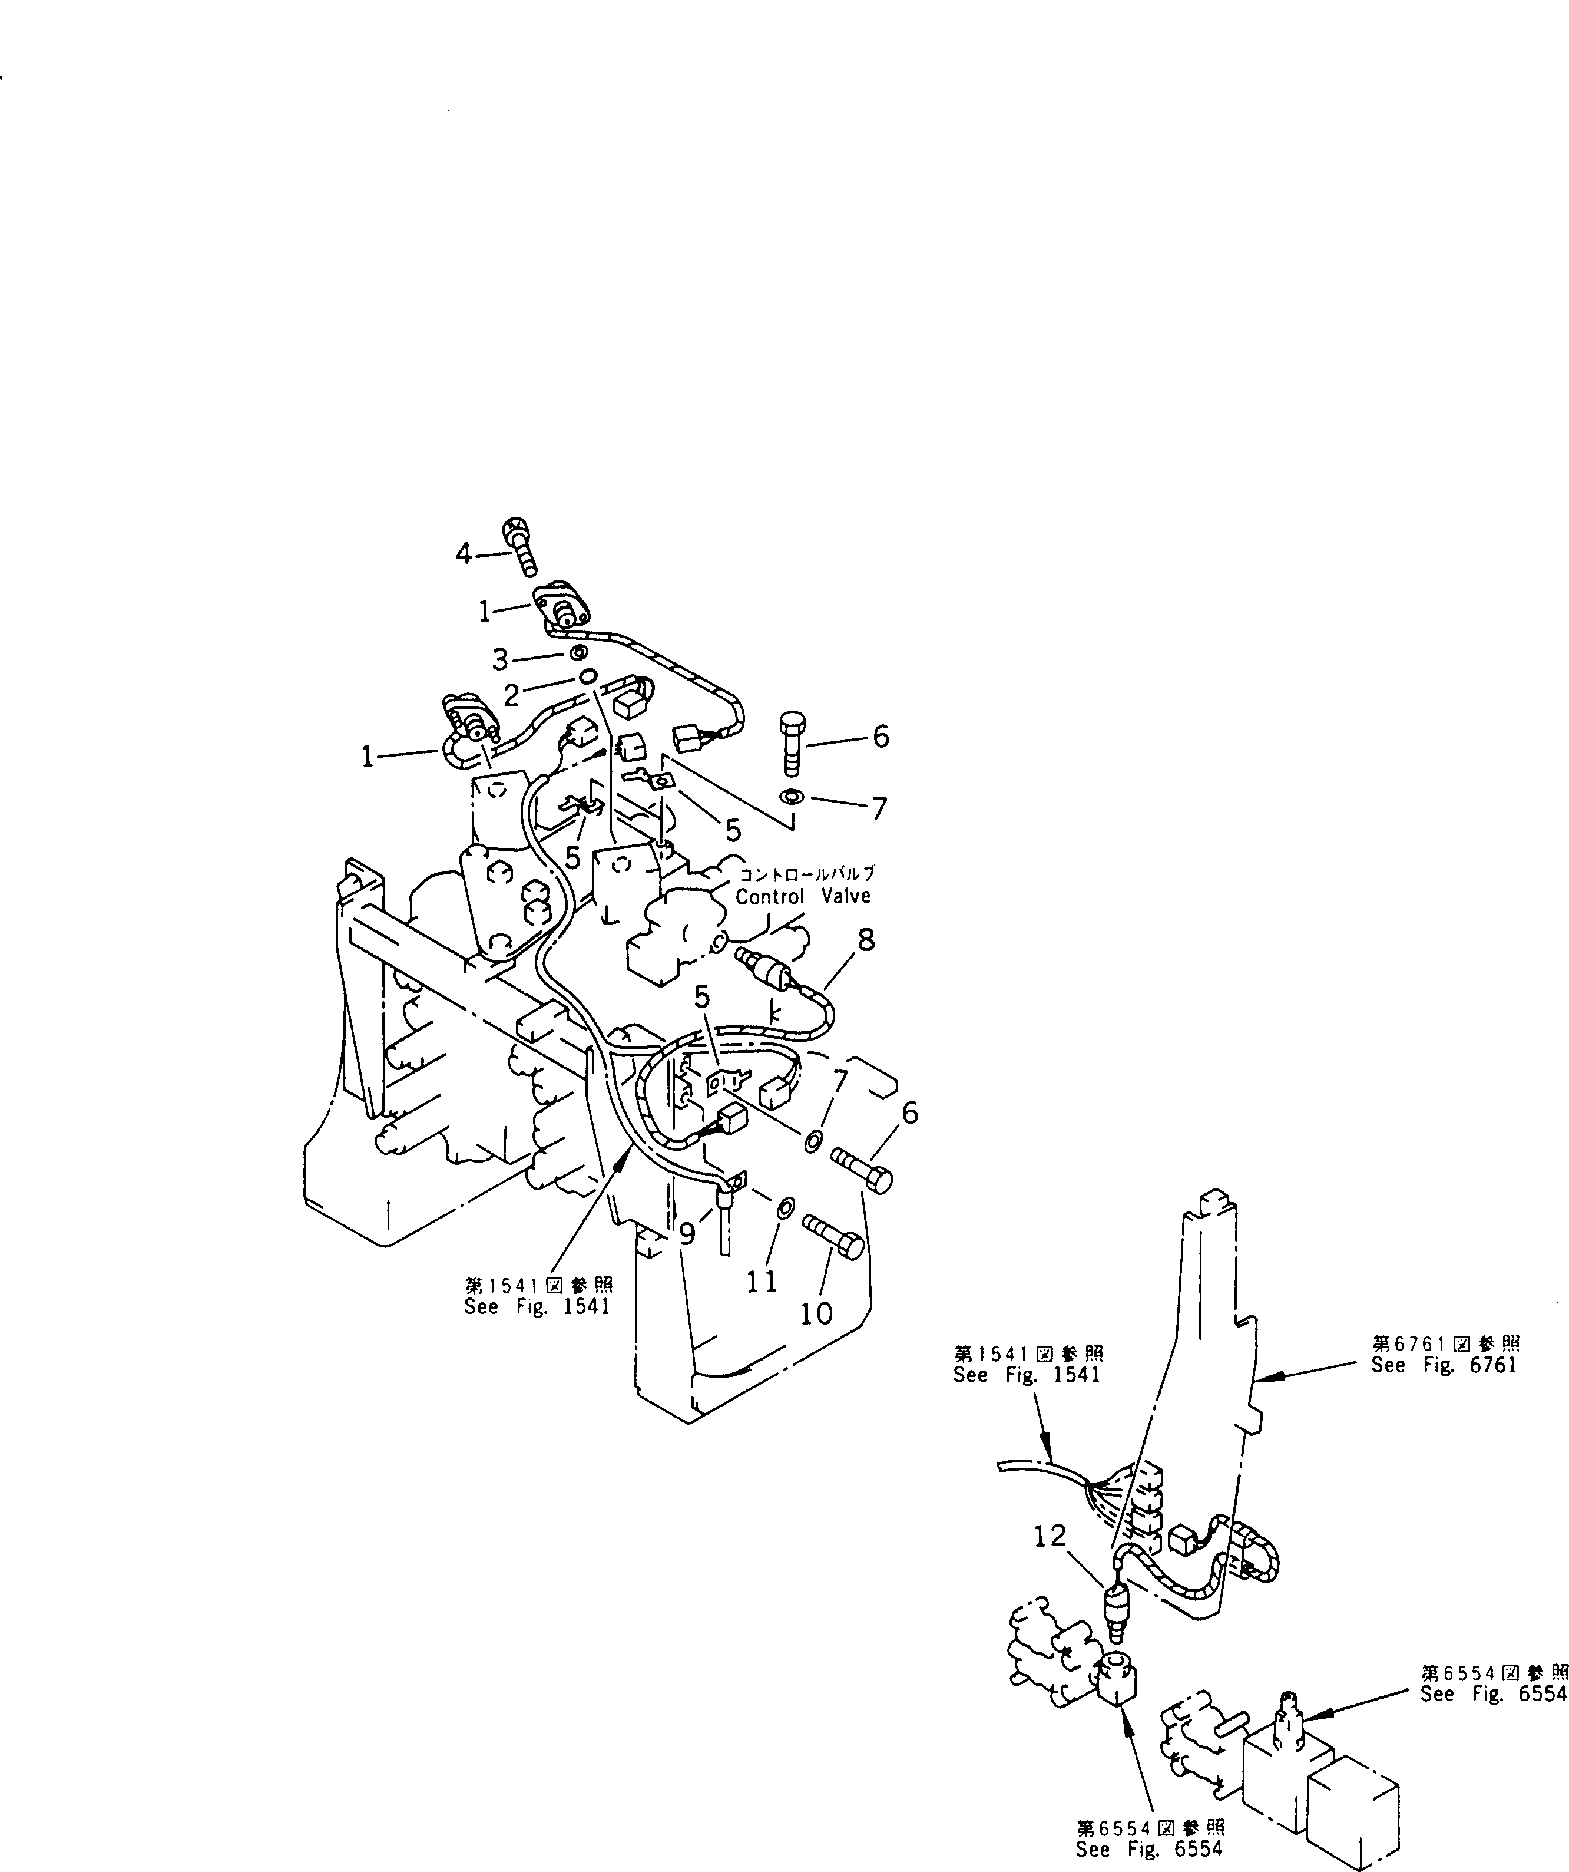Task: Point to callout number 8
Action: (x=866, y=940)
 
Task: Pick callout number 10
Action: (x=816, y=1312)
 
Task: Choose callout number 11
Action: (x=762, y=1281)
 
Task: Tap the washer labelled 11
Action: (x=783, y=1209)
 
